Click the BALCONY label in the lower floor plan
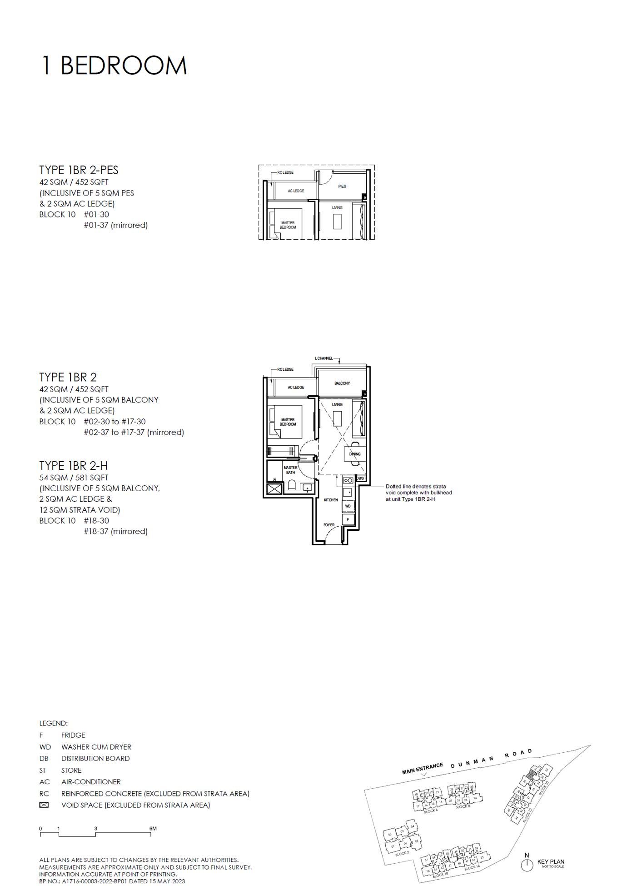click(342, 383)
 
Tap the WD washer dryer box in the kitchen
click(348, 506)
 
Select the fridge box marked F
click(348, 519)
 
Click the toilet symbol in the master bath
click(292, 486)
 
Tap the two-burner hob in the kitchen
click(348, 480)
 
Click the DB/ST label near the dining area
click(361, 478)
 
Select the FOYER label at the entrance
click(329, 525)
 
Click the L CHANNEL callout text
click(323, 358)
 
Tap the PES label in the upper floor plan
click(342, 186)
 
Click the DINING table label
click(355, 454)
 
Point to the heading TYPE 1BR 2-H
click(73, 466)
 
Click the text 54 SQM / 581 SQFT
click(74, 478)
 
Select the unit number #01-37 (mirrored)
click(115, 225)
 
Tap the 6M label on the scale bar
click(153, 829)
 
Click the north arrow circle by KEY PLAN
click(527, 865)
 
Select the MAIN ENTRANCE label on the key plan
click(422, 769)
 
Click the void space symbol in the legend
click(44, 805)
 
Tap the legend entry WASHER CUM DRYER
click(96, 747)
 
